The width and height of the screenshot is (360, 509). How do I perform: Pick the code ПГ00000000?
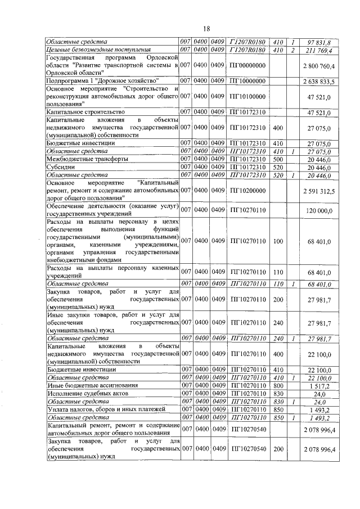pyautogui.click(x=248, y=66)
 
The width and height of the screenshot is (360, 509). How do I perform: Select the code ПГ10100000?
pyautogui.click(x=248, y=97)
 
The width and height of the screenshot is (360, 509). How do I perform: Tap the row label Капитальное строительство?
pyautogui.click(x=81, y=112)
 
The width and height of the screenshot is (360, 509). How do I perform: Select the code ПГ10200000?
pyautogui.click(x=248, y=191)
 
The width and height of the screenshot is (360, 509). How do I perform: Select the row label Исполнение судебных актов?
pyautogui.click(x=82, y=395)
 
